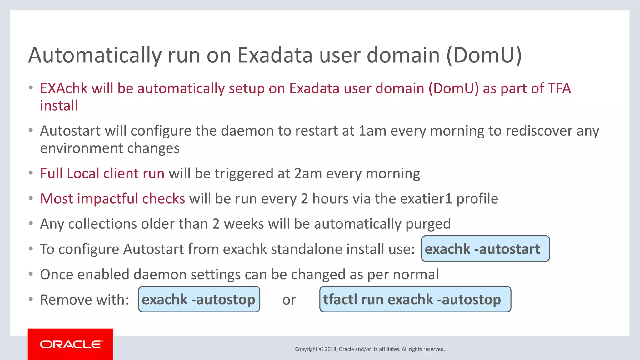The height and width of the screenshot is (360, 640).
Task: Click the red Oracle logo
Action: click(71, 344)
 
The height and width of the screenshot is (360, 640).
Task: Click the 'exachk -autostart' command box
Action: click(485, 249)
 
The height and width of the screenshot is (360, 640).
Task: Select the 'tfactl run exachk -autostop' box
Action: click(415, 299)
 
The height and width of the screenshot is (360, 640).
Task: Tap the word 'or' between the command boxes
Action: click(289, 300)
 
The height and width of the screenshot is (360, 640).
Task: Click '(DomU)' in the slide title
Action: click(484, 55)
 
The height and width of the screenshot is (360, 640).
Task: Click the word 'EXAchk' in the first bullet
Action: click(64, 88)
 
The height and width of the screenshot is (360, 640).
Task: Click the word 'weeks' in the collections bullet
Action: click(244, 224)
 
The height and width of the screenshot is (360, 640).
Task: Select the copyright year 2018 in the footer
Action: click(331, 349)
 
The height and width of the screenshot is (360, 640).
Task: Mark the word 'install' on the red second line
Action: click(59, 106)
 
